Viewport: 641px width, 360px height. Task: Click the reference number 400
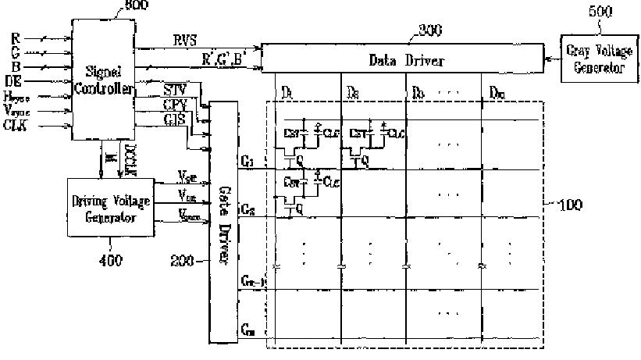point(112,261)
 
